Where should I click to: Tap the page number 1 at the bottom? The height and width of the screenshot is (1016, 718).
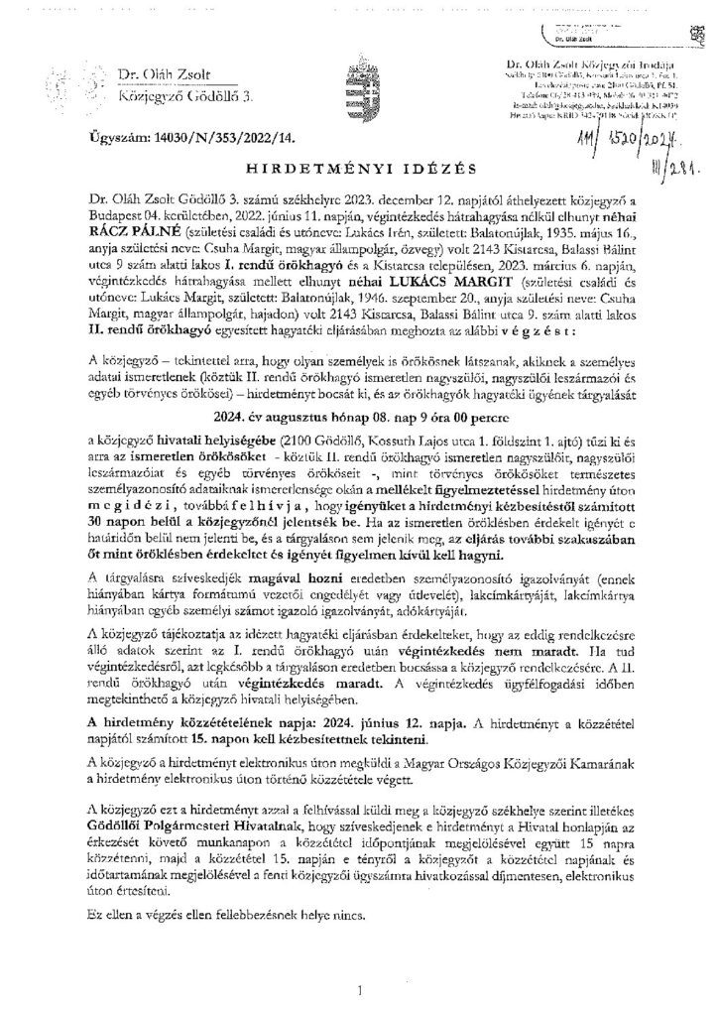click(358, 989)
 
